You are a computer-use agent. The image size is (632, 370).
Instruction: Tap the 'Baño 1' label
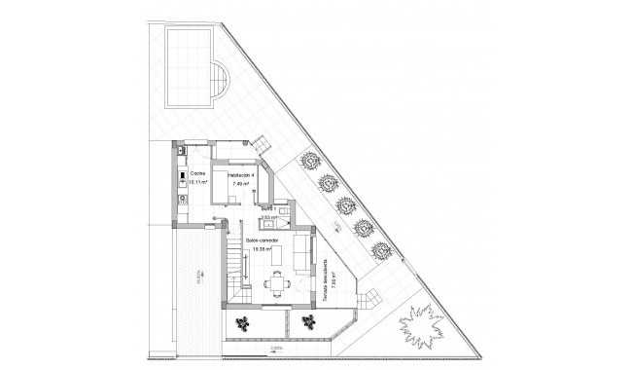pyautogui.click(x=267, y=207)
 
